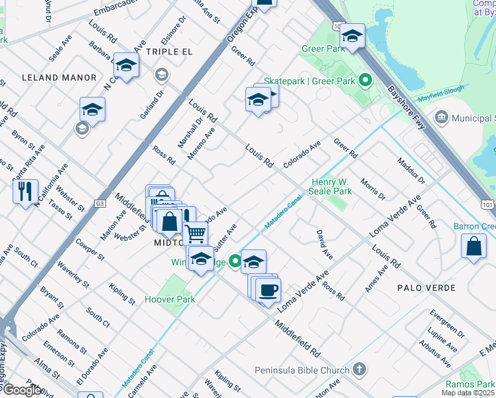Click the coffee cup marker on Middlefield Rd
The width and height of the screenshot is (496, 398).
[x=269, y=291]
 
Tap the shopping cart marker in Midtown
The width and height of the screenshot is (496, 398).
[x=195, y=233]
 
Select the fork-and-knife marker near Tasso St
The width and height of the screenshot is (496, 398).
[x=25, y=192]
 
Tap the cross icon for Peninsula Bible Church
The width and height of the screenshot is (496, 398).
[x=359, y=369]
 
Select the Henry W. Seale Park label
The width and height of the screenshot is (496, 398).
[x=332, y=186]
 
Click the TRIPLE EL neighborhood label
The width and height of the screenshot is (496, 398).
[x=169, y=52]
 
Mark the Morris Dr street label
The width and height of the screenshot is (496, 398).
[x=373, y=189]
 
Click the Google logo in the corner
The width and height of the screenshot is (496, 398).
[x=22, y=390]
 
